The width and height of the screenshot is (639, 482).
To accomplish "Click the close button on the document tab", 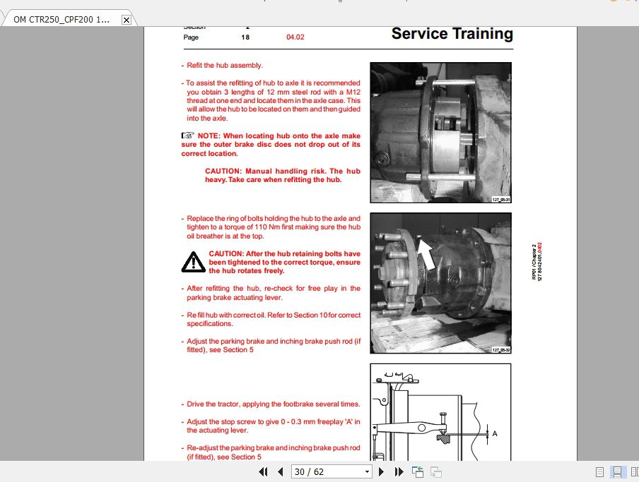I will click(x=126, y=20).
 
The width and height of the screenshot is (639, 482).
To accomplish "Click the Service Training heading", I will click(x=452, y=34).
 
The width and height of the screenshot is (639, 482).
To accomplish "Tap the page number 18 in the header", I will click(x=245, y=37).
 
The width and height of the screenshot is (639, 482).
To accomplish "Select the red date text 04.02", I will click(x=295, y=37).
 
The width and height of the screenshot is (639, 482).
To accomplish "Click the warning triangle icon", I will click(x=192, y=263).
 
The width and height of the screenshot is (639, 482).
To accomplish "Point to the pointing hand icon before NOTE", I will click(x=187, y=135).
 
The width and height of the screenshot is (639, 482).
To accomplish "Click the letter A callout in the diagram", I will click(x=495, y=433).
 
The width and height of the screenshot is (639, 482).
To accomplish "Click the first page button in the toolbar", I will click(x=264, y=471).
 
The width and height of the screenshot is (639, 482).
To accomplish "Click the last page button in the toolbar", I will click(x=399, y=471).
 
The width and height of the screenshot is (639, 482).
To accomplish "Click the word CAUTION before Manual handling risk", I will click(x=223, y=171).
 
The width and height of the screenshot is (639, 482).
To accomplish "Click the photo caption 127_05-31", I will click(x=501, y=200).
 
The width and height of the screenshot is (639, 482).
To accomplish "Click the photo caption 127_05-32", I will click(x=501, y=350).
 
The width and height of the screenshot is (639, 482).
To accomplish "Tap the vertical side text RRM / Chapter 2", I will click(x=534, y=262).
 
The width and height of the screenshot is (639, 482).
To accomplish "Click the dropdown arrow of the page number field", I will click(x=367, y=471).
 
